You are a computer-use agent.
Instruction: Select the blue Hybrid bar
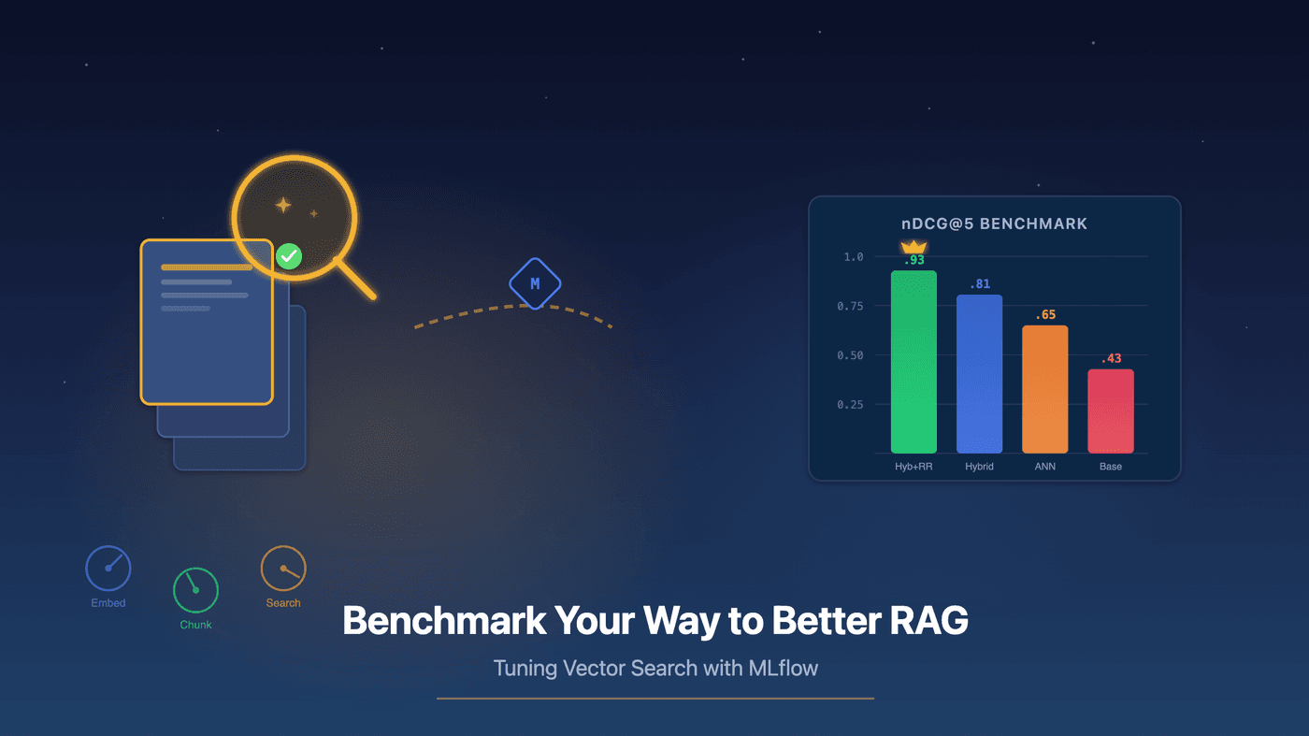tap(979, 374)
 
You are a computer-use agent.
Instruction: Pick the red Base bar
tap(1110, 411)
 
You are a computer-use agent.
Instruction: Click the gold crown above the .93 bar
tap(913, 247)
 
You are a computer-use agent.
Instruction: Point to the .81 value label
tap(979, 284)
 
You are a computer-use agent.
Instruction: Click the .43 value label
tap(1111, 358)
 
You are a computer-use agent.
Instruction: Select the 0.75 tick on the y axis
tap(850, 306)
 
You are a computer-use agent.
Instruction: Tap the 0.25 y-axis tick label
tap(850, 405)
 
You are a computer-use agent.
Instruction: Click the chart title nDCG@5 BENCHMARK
tap(994, 224)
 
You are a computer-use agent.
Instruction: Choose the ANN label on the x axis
tap(1044, 466)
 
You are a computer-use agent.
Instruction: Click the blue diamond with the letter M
tap(535, 283)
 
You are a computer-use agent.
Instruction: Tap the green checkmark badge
tap(289, 255)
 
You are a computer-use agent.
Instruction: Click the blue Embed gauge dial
tap(108, 569)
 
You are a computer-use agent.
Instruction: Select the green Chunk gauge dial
tap(195, 590)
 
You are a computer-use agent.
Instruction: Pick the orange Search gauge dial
tap(282, 569)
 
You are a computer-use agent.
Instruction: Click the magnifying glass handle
tap(355, 280)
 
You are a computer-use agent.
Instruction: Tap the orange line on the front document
tap(207, 267)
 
